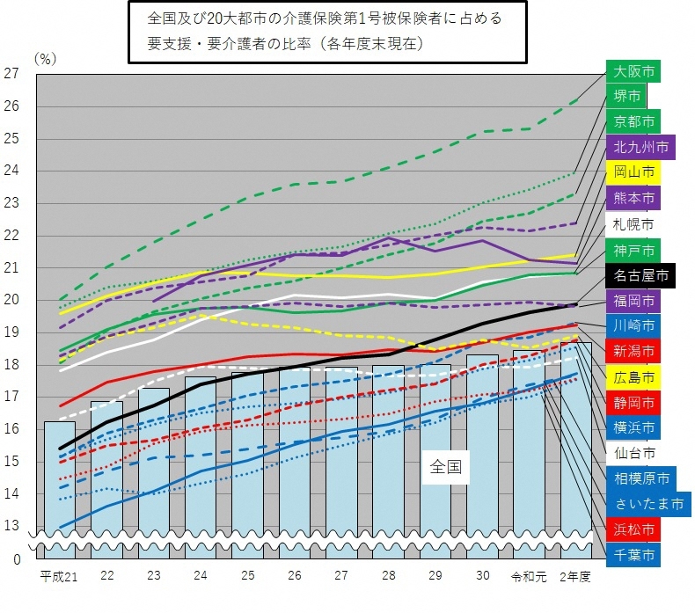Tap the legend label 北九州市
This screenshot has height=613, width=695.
[x=640, y=147]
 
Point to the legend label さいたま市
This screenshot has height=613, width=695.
[x=647, y=505]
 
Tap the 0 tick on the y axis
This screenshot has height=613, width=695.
[x=15, y=559]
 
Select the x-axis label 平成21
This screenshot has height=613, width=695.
[x=59, y=577]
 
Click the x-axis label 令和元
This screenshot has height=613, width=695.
[x=529, y=577]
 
